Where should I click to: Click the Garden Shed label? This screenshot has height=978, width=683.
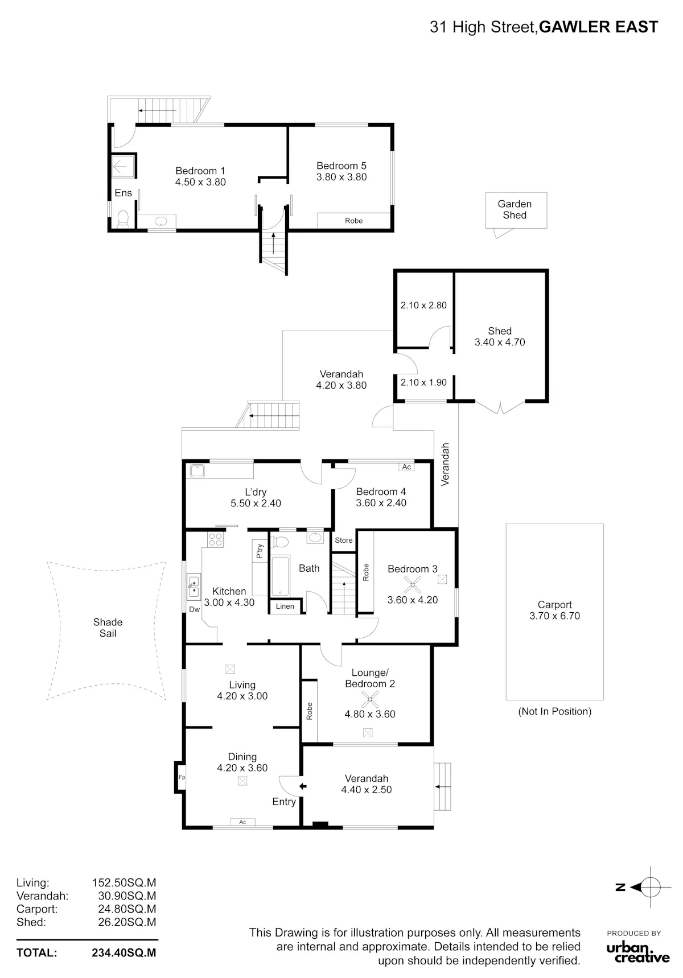515,209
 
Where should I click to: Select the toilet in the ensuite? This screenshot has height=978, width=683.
123,219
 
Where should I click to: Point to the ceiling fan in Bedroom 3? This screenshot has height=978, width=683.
413,584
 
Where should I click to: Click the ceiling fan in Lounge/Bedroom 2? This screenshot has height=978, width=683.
370,699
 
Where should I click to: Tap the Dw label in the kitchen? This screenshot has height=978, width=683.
194,609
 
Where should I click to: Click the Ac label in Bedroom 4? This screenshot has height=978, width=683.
406,467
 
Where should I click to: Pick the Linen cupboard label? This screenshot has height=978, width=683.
285,606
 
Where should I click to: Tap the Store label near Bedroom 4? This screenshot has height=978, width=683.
344,540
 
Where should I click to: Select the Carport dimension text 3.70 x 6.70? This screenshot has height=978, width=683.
555,616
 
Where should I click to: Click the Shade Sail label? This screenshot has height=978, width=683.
108,628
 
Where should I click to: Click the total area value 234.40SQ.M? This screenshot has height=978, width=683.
124,953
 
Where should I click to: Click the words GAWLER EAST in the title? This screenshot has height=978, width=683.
598,27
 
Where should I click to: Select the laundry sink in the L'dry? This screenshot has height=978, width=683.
198,471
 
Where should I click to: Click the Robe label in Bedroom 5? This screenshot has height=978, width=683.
354,221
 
